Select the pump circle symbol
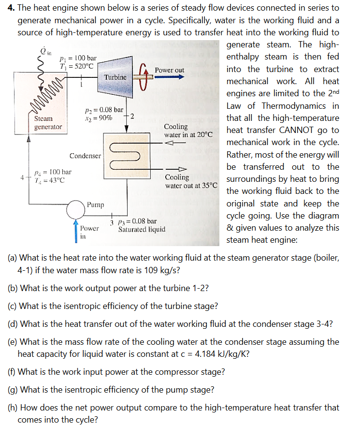(x=76, y=209)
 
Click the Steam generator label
(x=48, y=123)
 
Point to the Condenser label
(x=85, y=156)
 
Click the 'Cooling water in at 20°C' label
(x=188, y=130)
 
